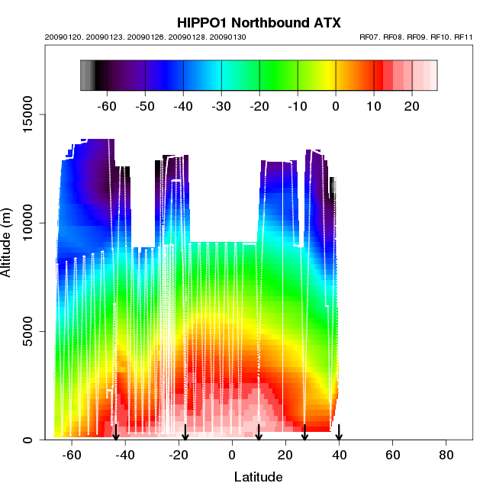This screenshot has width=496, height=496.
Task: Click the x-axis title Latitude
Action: pyautogui.click(x=258, y=477)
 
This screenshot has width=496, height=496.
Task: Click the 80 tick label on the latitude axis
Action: pyautogui.click(x=446, y=455)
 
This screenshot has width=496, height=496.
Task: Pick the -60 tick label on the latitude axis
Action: pyautogui.click(x=72, y=455)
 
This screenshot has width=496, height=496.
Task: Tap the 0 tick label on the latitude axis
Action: pyautogui.click(x=232, y=455)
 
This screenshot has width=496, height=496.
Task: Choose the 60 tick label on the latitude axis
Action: pyautogui.click(x=392, y=455)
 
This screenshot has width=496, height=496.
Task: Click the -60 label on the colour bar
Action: pyautogui.click(x=108, y=106)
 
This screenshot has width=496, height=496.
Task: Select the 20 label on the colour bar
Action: pyautogui.click(x=411, y=106)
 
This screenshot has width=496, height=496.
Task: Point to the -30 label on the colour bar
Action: pyautogui.click(x=221, y=106)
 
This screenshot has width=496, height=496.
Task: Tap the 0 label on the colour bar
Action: pyautogui.click(x=336, y=106)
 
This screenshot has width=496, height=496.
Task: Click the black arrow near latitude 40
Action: pyautogui.click(x=339, y=433)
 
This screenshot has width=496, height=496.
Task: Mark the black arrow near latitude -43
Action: pyautogui.click(x=116, y=433)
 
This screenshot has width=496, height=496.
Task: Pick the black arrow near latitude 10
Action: pyautogui.click(x=259, y=433)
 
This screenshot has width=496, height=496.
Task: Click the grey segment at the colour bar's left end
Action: pyautogui.click(x=86, y=76)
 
